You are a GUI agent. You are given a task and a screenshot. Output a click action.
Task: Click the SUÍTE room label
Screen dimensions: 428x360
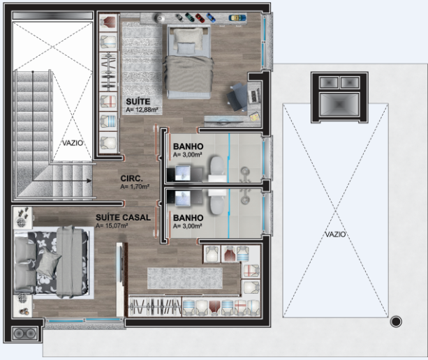click(138, 102)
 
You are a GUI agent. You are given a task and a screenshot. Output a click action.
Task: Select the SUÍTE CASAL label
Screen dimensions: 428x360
click(123, 218)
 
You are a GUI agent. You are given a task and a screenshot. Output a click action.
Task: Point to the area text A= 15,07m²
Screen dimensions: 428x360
click(112, 226)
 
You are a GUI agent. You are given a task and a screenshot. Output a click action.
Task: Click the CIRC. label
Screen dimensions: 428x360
click(131, 179)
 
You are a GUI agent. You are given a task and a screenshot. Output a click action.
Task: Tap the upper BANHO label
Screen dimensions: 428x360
click(188, 147)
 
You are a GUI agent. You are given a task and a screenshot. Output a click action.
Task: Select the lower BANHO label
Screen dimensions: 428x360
click(188, 218)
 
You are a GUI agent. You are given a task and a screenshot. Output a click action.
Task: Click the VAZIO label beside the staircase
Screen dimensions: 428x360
click(73, 143)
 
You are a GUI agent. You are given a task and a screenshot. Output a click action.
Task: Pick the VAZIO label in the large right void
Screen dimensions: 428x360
click(335, 234)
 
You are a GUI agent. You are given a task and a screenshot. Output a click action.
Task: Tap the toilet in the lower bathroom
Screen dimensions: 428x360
click(218, 202)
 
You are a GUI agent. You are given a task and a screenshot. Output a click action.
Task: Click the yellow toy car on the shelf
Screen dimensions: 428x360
click(237, 17)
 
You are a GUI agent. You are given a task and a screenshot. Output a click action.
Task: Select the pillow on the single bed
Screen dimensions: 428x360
click(186, 48)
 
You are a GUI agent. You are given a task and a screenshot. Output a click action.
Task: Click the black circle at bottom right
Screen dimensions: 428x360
click(396, 322)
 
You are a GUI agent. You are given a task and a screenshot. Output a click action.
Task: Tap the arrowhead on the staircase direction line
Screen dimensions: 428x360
click(89, 181)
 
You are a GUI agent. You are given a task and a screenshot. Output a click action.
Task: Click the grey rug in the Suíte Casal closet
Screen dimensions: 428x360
click(185, 278)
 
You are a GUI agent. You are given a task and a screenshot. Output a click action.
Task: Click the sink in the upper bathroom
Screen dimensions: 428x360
click(182, 173)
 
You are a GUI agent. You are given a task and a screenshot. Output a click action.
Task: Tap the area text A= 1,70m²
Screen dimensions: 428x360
click(135, 187)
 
